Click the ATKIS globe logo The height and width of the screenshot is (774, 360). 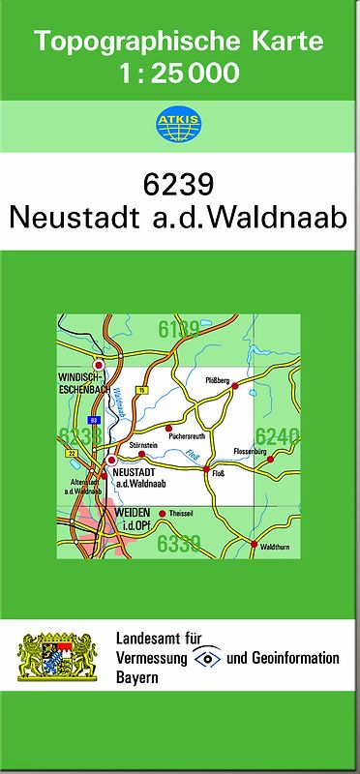coord(179,123)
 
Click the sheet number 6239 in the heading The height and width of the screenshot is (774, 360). coord(179,184)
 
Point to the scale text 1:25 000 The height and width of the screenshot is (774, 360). coord(179,73)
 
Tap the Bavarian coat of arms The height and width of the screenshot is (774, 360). coord(58,659)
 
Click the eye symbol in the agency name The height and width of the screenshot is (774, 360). coord(207,658)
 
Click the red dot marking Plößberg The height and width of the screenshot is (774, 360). coord(234,385)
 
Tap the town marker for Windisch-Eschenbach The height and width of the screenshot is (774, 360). coord(98,365)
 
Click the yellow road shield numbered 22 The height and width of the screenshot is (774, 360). coord(72,452)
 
